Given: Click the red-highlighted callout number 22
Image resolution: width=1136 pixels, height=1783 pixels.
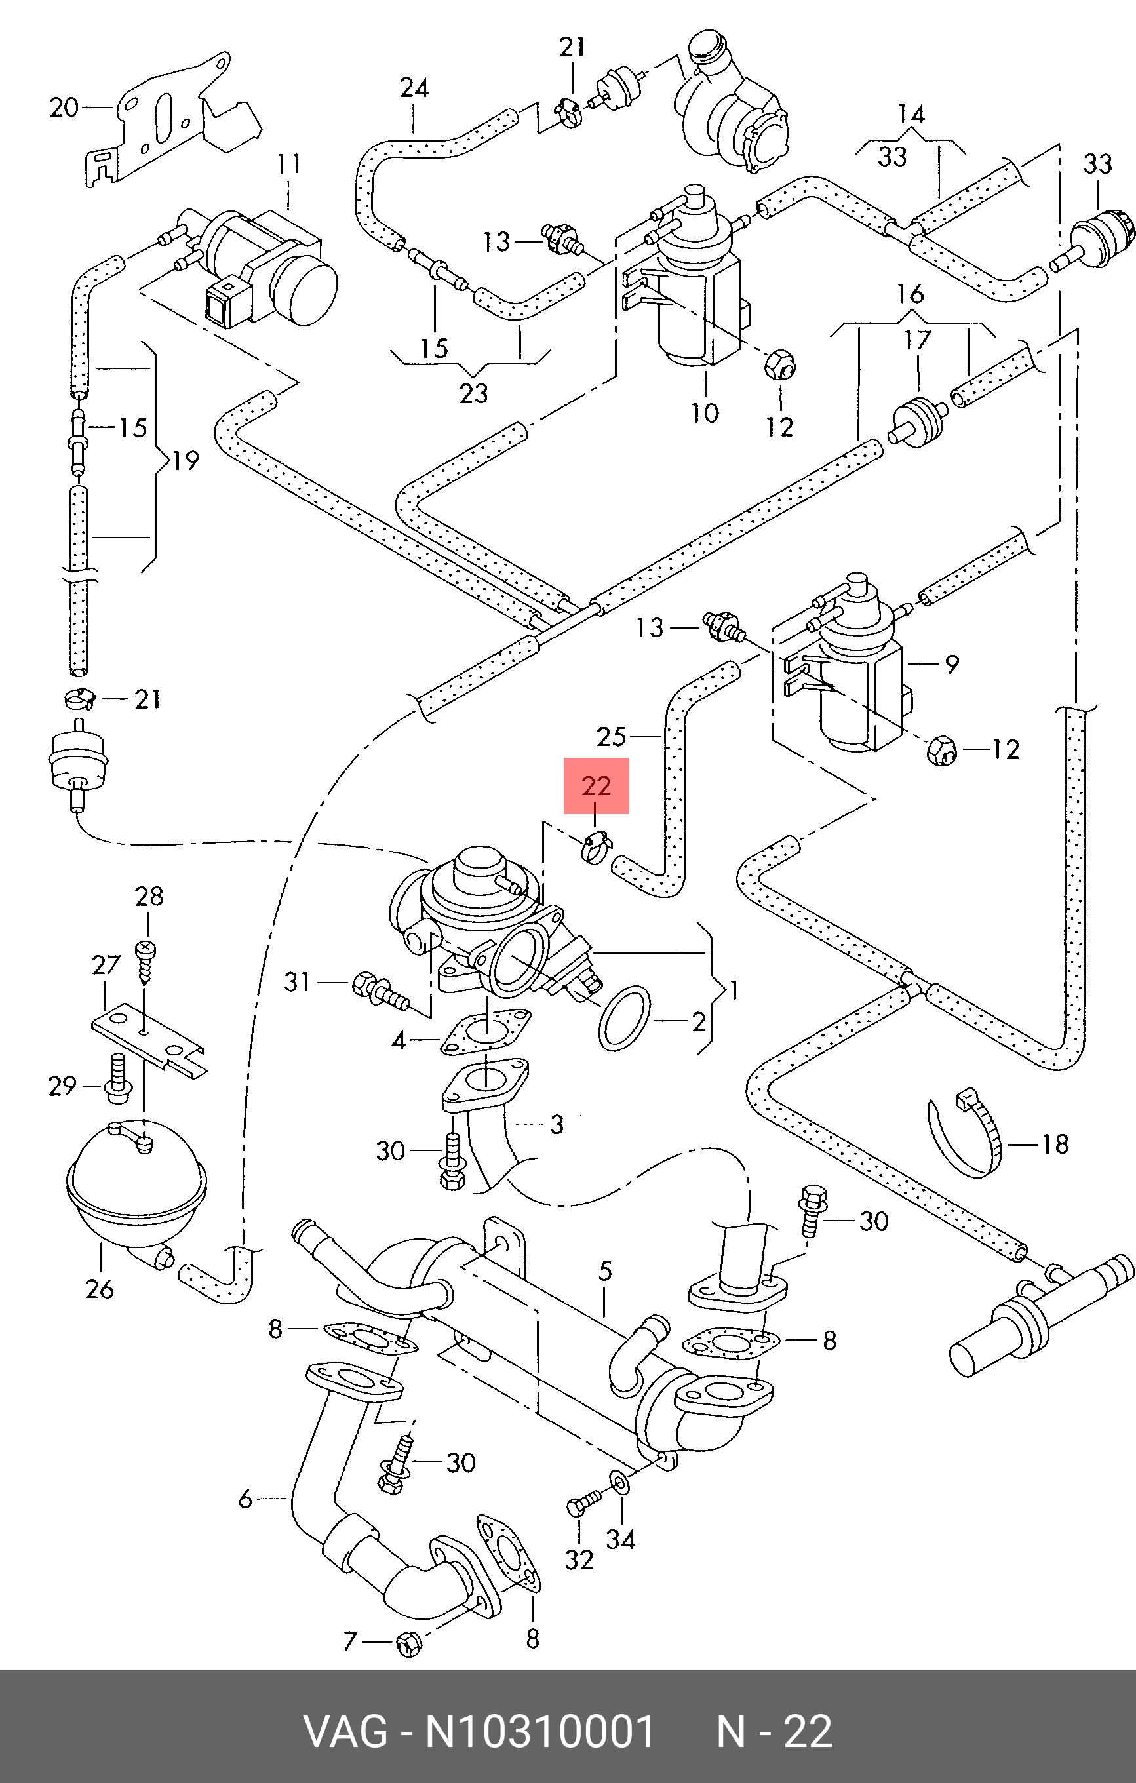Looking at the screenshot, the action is point(596,785).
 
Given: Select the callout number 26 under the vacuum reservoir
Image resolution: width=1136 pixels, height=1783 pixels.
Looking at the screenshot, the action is point(99,1289).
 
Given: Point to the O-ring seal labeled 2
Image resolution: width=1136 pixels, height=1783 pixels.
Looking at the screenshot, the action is point(623,1017).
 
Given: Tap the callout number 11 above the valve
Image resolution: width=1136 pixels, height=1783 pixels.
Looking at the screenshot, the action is point(289,164).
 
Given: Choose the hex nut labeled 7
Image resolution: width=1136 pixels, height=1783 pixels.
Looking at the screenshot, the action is point(407,1645).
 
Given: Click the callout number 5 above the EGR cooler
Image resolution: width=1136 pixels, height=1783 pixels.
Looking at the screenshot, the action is point(606,1270).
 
